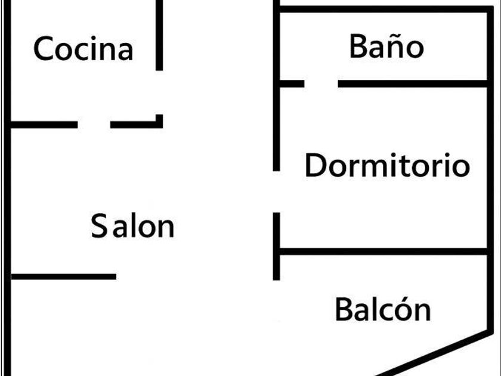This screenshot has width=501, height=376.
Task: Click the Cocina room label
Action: pos(83,49)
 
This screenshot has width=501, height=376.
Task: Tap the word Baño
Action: pos(386,47)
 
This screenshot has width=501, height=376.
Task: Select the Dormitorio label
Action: pos(387,165)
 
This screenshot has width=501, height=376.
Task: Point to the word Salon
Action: pos(132,227)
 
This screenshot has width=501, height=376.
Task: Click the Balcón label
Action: pos(382,310)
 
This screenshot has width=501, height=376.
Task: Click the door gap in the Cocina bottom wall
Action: pos(94,125)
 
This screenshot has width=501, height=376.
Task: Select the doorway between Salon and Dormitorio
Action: pos(277,192)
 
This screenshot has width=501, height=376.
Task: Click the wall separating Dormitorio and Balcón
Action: pos(382,252)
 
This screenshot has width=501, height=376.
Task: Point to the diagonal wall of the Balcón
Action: pos(435,352)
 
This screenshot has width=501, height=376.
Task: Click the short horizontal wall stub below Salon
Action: pos(63,276)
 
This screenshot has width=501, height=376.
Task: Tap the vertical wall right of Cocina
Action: pos(159,36)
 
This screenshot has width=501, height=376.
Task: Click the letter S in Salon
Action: pos(98,227)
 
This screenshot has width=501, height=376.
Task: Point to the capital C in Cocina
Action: pos(44,49)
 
